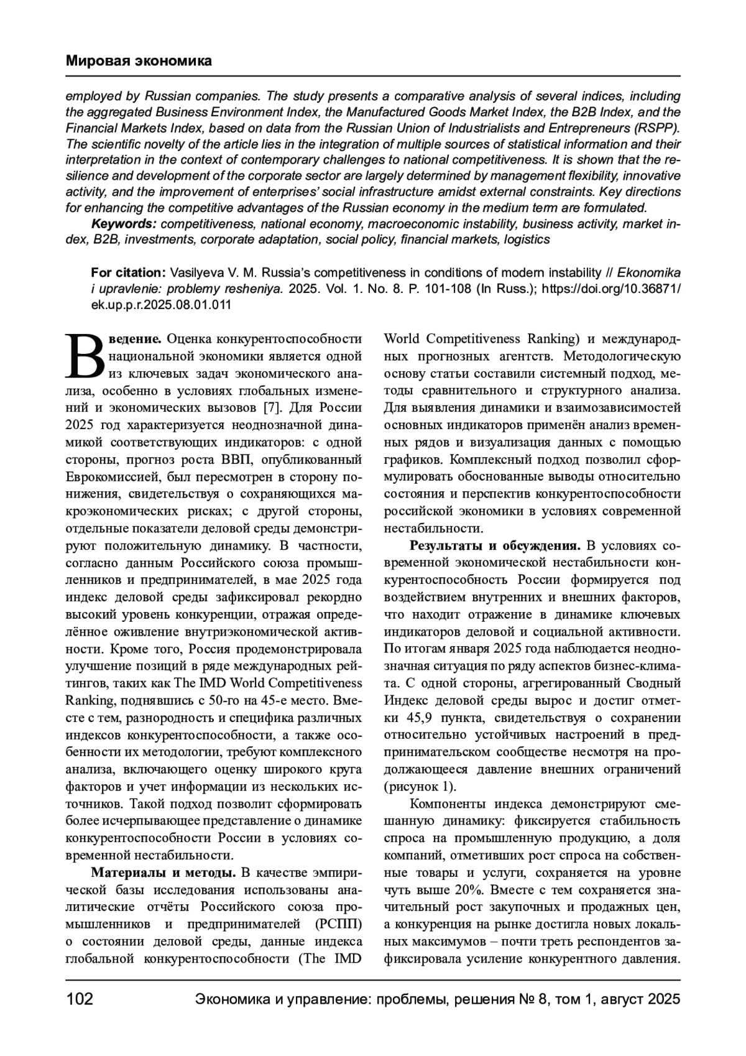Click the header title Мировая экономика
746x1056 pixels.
point(139,61)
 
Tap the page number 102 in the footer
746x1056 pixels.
point(80,999)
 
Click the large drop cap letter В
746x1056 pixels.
point(86,356)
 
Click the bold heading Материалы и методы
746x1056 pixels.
point(163,870)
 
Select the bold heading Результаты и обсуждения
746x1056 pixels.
point(495,545)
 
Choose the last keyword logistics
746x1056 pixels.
point(527,239)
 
